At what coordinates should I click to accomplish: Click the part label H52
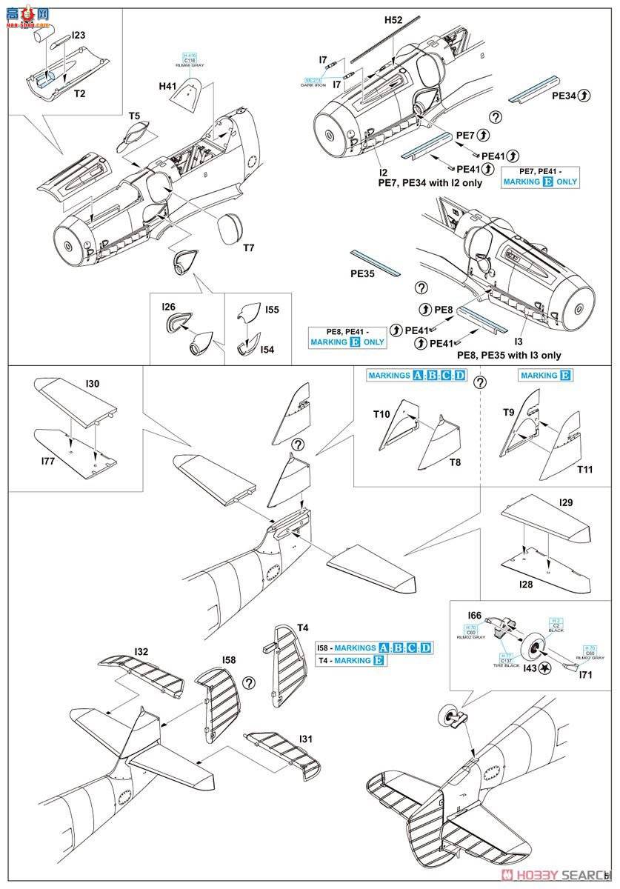tap(393, 21)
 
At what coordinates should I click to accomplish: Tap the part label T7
tap(248, 247)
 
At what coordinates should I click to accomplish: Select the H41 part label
tap(168, 87)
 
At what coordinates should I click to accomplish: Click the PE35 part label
tap(363, 273)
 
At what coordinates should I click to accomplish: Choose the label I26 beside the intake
tap(167, 305)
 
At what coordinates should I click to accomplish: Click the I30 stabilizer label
tap(93, 384)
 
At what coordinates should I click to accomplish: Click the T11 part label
tap(584, 470)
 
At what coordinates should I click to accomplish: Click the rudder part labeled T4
tap(302, 627)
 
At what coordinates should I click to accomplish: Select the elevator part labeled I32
tap(141, 652)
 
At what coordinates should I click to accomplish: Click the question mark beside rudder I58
tap(250, 683)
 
